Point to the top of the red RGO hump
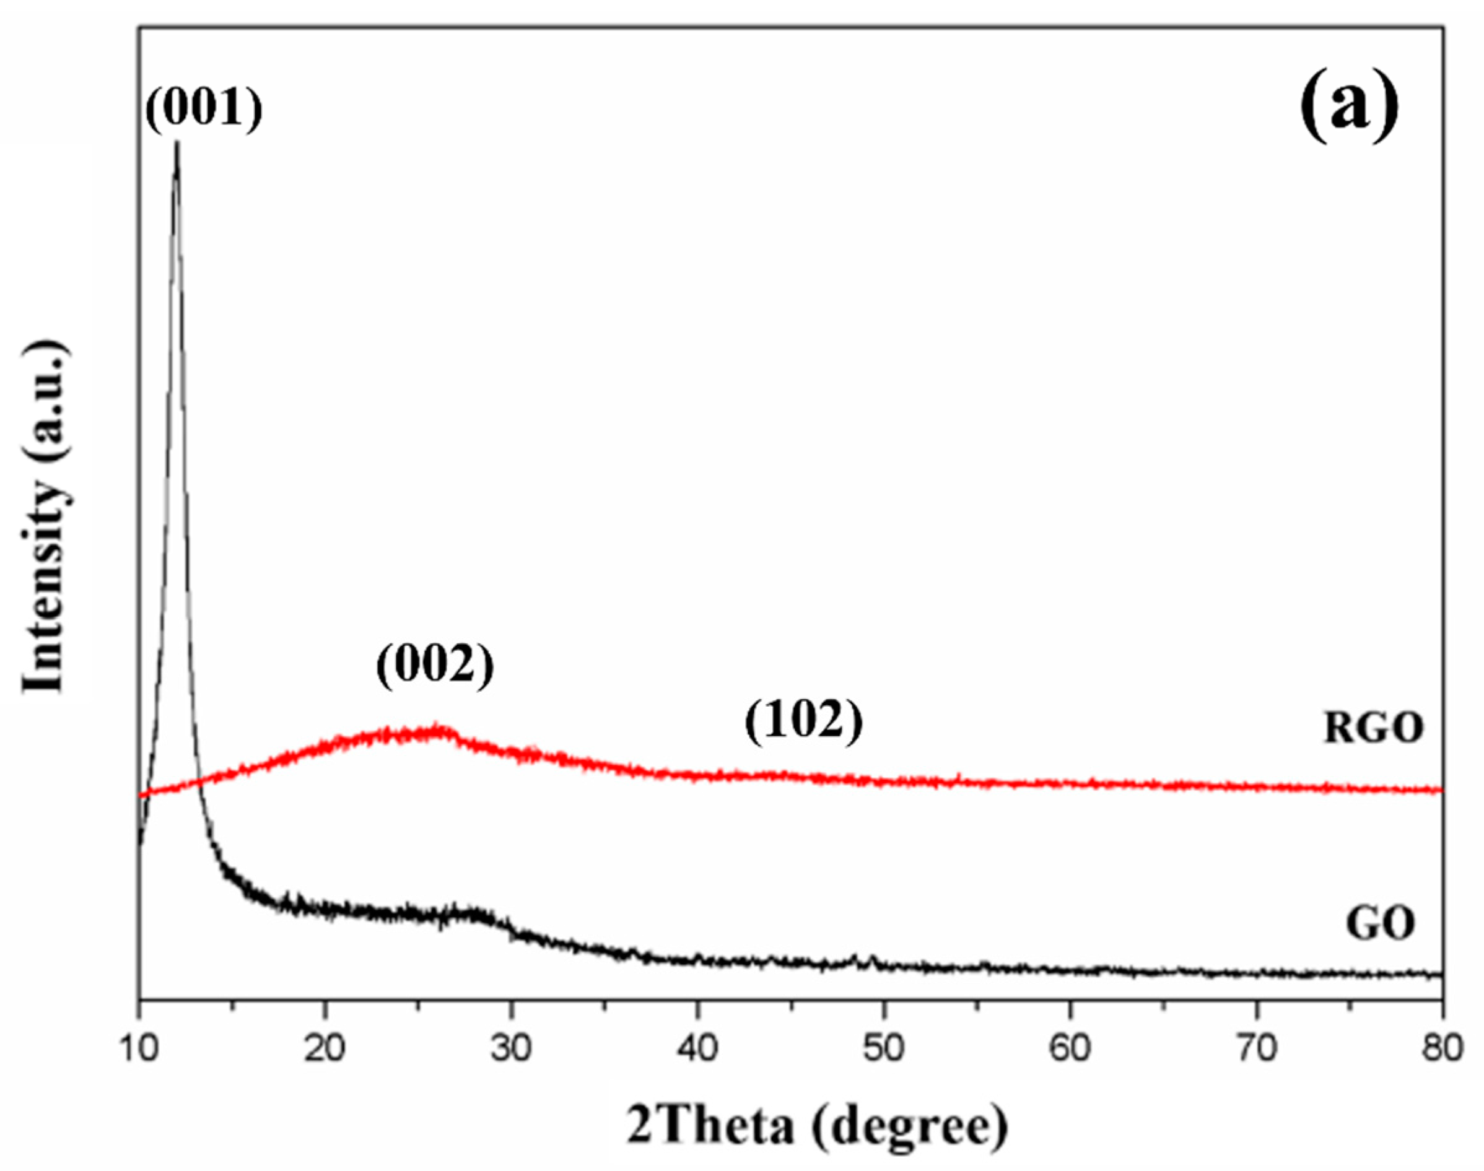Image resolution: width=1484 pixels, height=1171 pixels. tap(436, 728)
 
